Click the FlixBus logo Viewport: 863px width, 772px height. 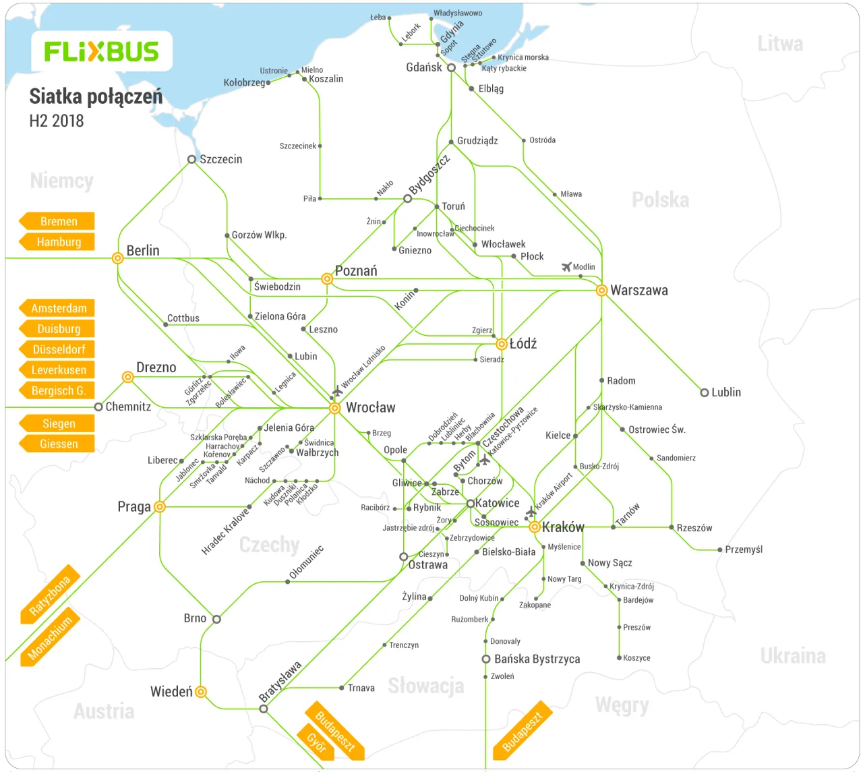tap(101, 51)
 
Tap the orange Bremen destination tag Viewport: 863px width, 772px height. tap(58, 221)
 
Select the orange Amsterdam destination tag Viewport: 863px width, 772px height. tap(58, 308)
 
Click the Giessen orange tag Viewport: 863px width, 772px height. tap(58, 444)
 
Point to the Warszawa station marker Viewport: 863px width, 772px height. tap(601, 291)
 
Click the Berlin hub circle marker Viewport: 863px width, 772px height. tap(117, 258)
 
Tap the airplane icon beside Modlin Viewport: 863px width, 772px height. tap(566, 267)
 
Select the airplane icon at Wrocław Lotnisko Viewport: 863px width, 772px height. tap(337, 391)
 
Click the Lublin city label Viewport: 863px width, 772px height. tap(725, 392)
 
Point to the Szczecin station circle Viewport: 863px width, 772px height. tap(191, 160)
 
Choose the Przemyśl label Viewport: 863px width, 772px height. tap(744, 550)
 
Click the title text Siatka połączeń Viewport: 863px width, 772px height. tap(96, 97)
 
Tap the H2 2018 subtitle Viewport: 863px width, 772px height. tap(57, 121)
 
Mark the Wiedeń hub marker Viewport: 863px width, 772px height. tap(200, 692)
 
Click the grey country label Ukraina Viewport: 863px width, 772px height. tap(792, 656)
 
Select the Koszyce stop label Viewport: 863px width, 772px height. tap(636, 658)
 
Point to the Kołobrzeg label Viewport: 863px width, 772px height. tap(244, 83)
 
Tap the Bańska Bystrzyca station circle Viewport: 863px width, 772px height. tap(485, 659)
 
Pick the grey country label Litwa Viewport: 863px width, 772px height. tap(780, 44)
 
